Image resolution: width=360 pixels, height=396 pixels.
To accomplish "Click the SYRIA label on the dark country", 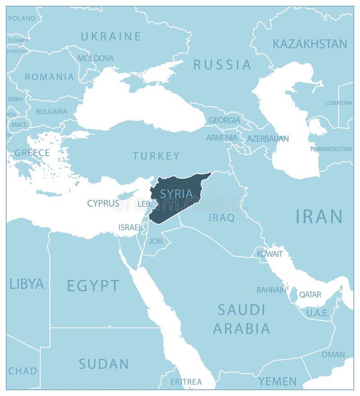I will click(x=176, y=194).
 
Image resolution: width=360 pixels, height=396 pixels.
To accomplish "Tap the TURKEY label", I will click(x=156, y=156).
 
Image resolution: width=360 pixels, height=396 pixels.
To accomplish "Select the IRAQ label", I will click(x=221, y=218).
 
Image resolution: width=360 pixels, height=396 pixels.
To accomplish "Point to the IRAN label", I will click(x=319, y=216).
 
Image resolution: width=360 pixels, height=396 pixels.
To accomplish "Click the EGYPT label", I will click(x=93, y=285).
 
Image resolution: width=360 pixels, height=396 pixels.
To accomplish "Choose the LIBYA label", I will click(x=27, y=284).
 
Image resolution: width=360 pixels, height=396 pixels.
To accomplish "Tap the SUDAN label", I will click(x=104, y=364).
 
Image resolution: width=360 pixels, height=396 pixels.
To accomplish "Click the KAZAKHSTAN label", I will click(x=310, y=44).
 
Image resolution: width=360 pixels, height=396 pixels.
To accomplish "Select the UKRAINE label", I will click(x=111, y=36).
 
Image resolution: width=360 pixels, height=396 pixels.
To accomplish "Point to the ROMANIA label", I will click(x=49, y=77).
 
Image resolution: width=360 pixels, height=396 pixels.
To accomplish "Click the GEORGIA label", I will click(x=224, y=120).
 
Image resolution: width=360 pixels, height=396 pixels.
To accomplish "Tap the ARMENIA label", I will click(x=222, y=138).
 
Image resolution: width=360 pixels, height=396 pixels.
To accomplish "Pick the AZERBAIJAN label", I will click(x=268, y=139).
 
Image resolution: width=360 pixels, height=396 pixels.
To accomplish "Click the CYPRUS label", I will click(x=103, y=203).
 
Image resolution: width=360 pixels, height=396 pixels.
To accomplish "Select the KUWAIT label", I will click(x=270, y=254).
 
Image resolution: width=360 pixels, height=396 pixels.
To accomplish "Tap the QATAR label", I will click(x=310, y=295).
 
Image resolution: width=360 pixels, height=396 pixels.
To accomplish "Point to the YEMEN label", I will click(x=277, y=382).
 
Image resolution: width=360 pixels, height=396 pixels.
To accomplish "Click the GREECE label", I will click(x=32, y=153).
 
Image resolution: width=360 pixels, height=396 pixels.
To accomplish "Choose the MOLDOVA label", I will click(x=95, y=58).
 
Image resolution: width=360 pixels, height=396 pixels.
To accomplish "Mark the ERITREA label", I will click(x=186, y=382).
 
